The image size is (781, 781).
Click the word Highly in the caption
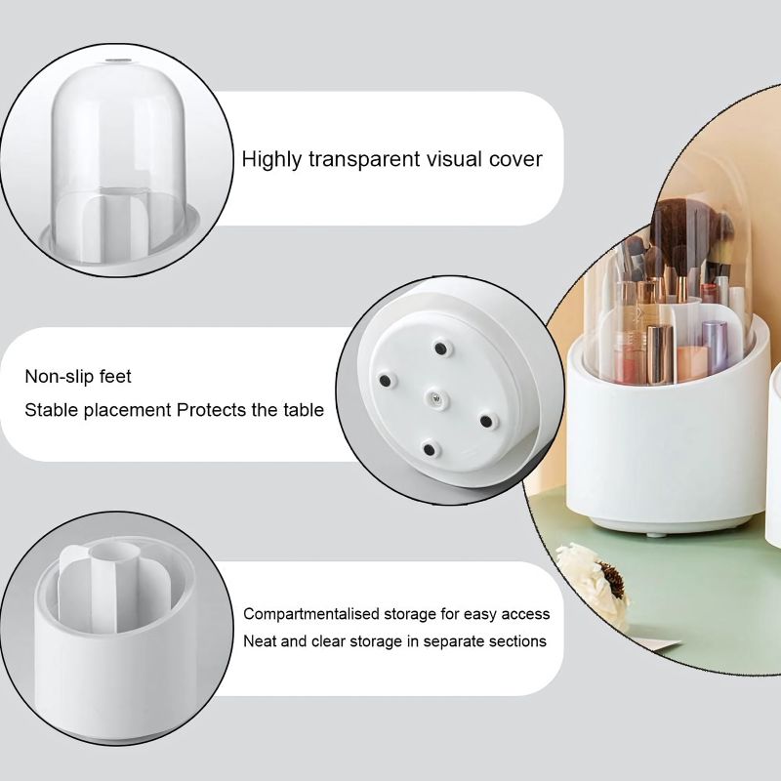[x=271, y=158]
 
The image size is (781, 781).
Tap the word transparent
[x=360, y=158]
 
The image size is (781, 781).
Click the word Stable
[x=52, y=410]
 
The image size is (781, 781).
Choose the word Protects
[x=212, y=410]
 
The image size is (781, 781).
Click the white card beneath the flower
[x=656, y=643]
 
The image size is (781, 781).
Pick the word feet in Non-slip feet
[x=114, y=376]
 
